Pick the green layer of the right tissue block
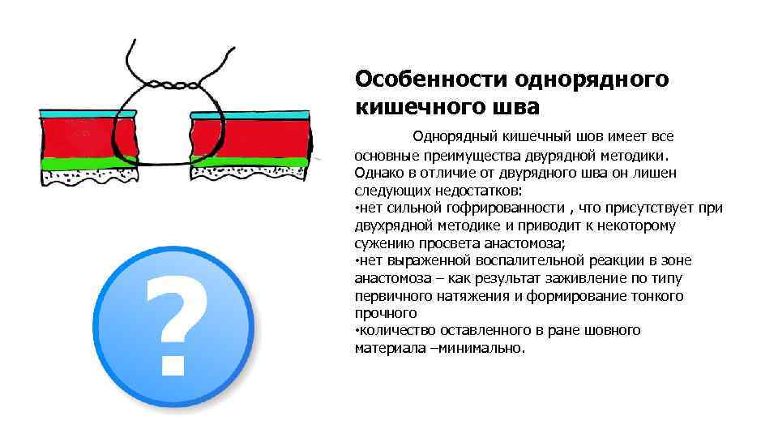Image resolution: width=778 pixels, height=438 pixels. click(259, 161)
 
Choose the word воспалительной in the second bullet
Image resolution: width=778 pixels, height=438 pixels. click(551, 260)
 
